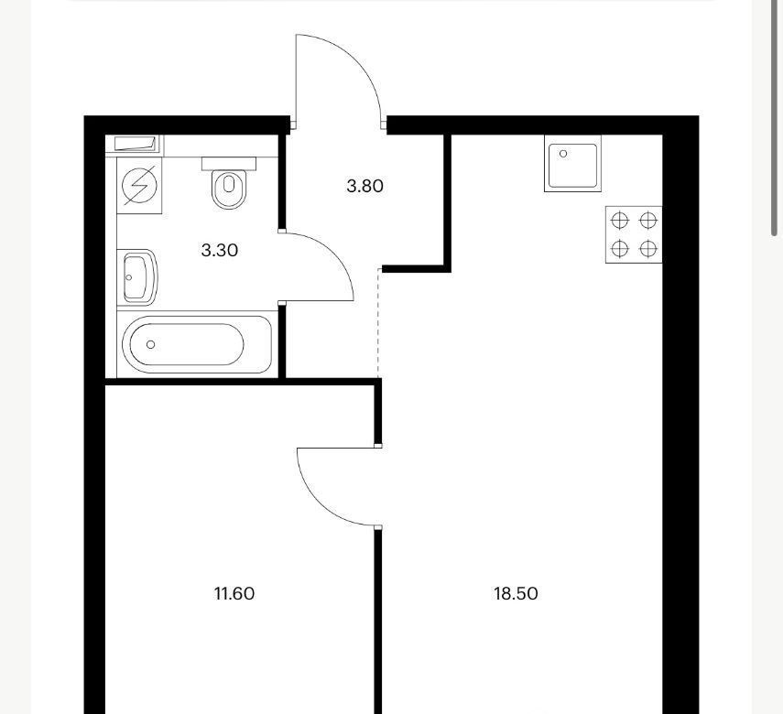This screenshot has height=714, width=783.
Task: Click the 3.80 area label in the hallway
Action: pyautogui.click(x=365, y=186)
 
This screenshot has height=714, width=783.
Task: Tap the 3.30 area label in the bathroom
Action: pyautogui.click(x=220, y=250)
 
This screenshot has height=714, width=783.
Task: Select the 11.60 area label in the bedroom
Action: pyautogui.click(x=234, y=594)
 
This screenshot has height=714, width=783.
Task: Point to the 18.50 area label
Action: pyautogui.click(x=516, y=594)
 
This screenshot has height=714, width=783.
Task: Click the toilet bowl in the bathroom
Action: pyautogui.click(x=229, y=189)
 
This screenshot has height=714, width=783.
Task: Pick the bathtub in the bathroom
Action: pyautogui.click(x=197, y=344)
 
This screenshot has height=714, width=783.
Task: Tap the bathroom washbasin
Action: pyautogui.click(x=137, y=277)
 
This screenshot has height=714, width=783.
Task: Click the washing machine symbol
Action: pyautogui.click(x=139, y=186)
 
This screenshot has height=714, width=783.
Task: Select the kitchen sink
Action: pyautogui.click(x=572, y=163)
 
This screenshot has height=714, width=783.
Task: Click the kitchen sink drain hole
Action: pyautogui.click(x=563, y=154)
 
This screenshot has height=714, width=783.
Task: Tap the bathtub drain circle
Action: pyautogui.click(x=151, y=344)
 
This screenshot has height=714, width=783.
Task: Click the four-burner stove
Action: pyautogui.click(x=634, y=234)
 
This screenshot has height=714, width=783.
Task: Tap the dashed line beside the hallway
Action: pyautogui.click(x=378, y=323)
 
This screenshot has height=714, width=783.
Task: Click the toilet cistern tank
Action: pyautogui.click(x=229, y=164)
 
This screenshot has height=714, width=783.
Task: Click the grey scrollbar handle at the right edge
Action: pyautogui.click(x=776, y=117)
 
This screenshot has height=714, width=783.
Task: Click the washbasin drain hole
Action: pyautogui.click(x=129, y=277)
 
